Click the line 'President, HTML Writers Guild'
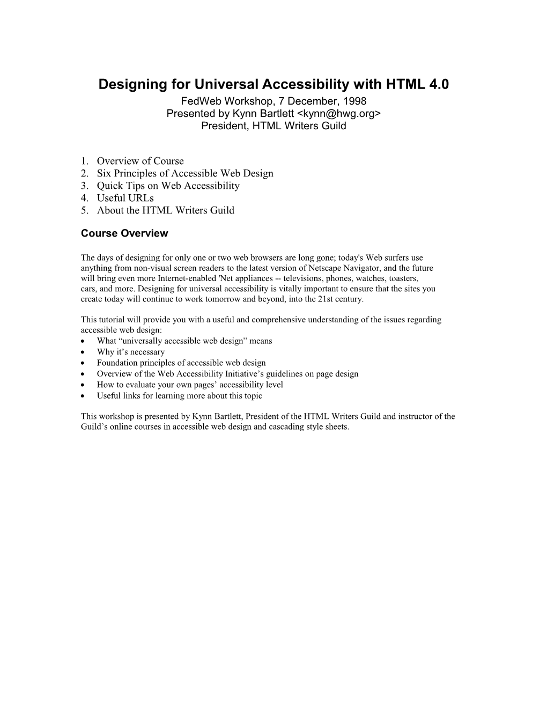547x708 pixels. pyautogui.click(x=273, y=126)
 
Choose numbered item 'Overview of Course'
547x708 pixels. pyautogui.click(x=140, y=161)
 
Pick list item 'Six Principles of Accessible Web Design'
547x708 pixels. pyautogui.click(x=185, y=173)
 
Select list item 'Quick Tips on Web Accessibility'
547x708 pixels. pyautogui.click(x=168, y=186)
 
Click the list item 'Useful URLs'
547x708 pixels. pyautogui.click(x=125, y=198)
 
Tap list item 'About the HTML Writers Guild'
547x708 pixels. pyautogui.click(x=165, y=210)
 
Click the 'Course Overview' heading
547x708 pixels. pyautogui.click(x=124, y=233)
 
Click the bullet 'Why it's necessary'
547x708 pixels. pyautogui.click(x=130, y=352)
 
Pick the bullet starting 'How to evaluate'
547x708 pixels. pyautogui.click(x=189, y=385)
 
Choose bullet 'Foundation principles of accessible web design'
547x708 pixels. pyautogui.click(x=181, y=363)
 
